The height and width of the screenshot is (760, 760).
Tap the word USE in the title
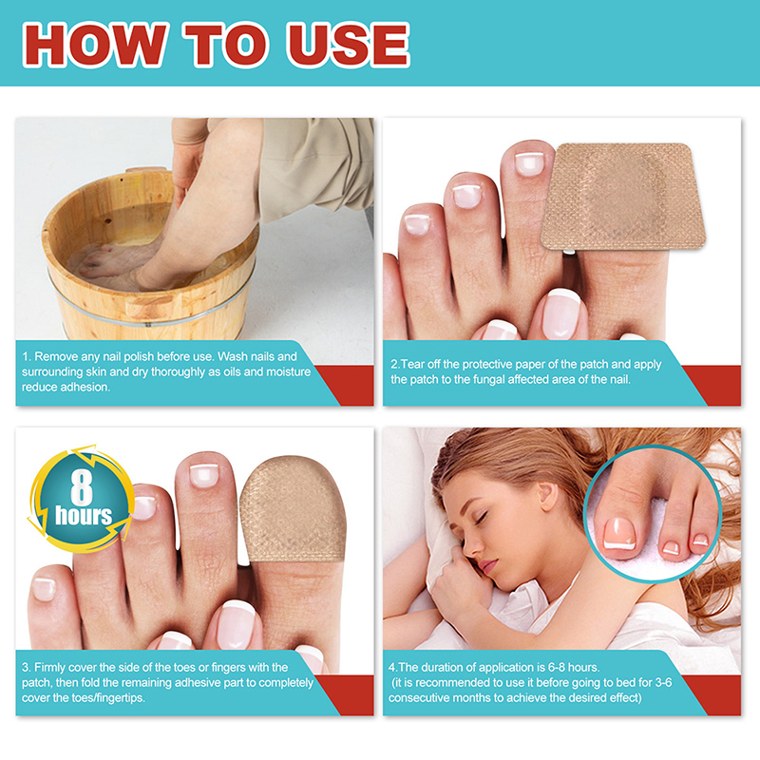point(349,44)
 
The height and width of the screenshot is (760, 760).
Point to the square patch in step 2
point(623,197)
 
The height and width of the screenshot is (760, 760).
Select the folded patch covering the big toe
point(293,509)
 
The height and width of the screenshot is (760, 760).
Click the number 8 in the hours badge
point(82,487)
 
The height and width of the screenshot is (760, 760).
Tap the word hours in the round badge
point(84,515)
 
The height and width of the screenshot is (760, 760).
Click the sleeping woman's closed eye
point(482,518)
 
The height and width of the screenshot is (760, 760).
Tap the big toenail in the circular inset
point(619,534)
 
